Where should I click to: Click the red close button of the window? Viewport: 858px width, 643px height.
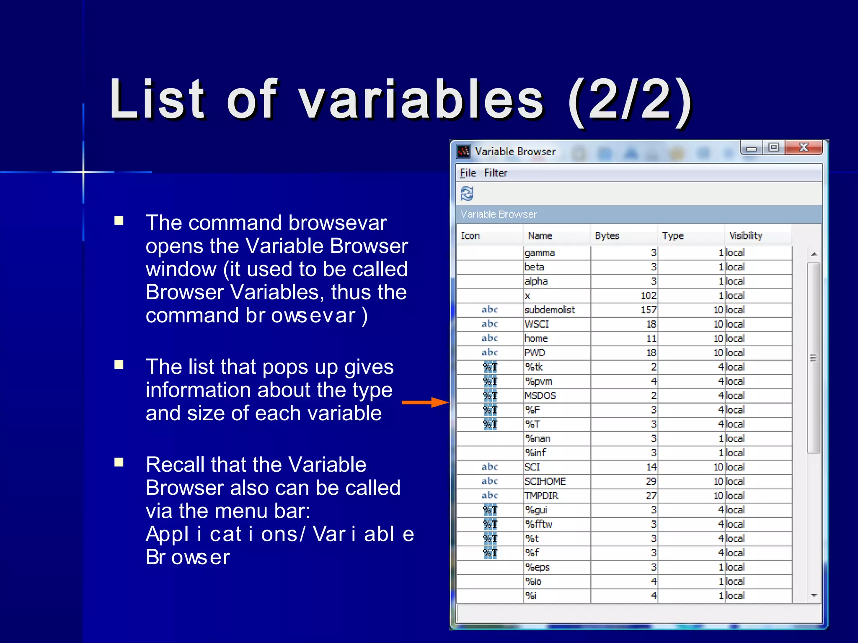coord(803,147)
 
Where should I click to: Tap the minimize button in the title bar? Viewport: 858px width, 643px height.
coord(752,148)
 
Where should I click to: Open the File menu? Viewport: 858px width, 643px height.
coord(468,173)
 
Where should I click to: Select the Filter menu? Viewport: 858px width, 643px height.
coord(496,173)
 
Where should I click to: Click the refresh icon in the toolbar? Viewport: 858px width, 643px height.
coord(467,194)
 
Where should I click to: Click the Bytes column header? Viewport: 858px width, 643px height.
coord(607,236)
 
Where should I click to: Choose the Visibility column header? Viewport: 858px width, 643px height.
coord(746,236)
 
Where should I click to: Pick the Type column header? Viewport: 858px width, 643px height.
coord(673,236)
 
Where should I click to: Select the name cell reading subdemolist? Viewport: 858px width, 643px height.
coord(550,310)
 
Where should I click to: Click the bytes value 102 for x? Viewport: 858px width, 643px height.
coord(648,296)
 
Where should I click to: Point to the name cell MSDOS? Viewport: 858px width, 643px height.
coord(540,396)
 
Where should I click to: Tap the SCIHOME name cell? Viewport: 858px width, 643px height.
coord(545,481)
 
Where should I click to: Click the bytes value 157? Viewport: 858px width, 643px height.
coord(648,310)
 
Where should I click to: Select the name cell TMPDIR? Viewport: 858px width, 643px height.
coord(541,496)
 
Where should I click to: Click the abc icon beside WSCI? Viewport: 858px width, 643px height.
coord(489,324)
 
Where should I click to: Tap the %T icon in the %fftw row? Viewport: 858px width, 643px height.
coord(490,524)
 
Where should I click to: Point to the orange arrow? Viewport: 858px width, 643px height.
coord(425,403)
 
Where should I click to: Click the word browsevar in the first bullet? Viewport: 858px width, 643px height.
coord(337,223)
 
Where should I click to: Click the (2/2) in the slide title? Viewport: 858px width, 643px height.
coord(629,100)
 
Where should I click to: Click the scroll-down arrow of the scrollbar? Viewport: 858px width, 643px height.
coord(814,595)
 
